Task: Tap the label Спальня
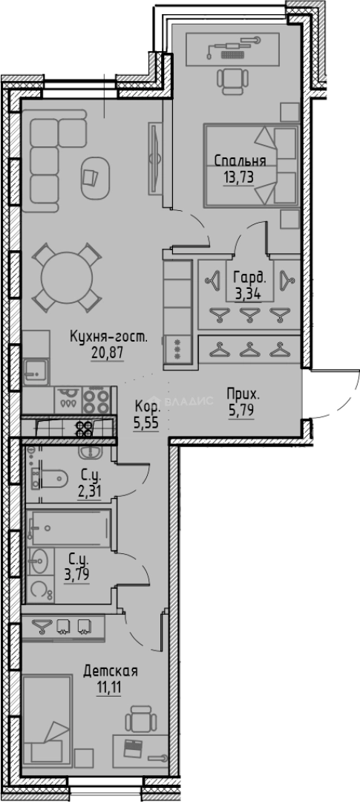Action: pos(240,160)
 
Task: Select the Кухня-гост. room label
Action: pos(108,337)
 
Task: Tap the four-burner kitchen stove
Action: pos(96,402)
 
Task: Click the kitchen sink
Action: pos(33,367)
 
